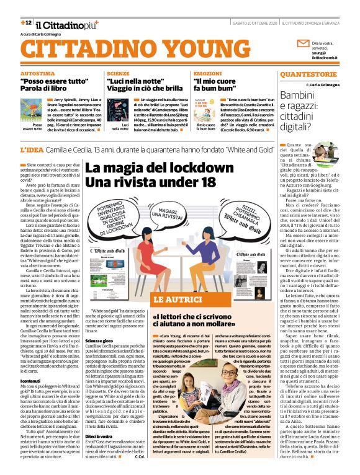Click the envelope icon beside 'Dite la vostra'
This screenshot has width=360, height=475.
coord(302,44)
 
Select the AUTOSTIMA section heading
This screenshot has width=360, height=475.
coord(37,73)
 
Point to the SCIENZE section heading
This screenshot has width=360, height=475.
coord(118,73)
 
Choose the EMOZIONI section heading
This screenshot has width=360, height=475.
coord(207,73)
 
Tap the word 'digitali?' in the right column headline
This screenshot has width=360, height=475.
coord(299,128)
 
